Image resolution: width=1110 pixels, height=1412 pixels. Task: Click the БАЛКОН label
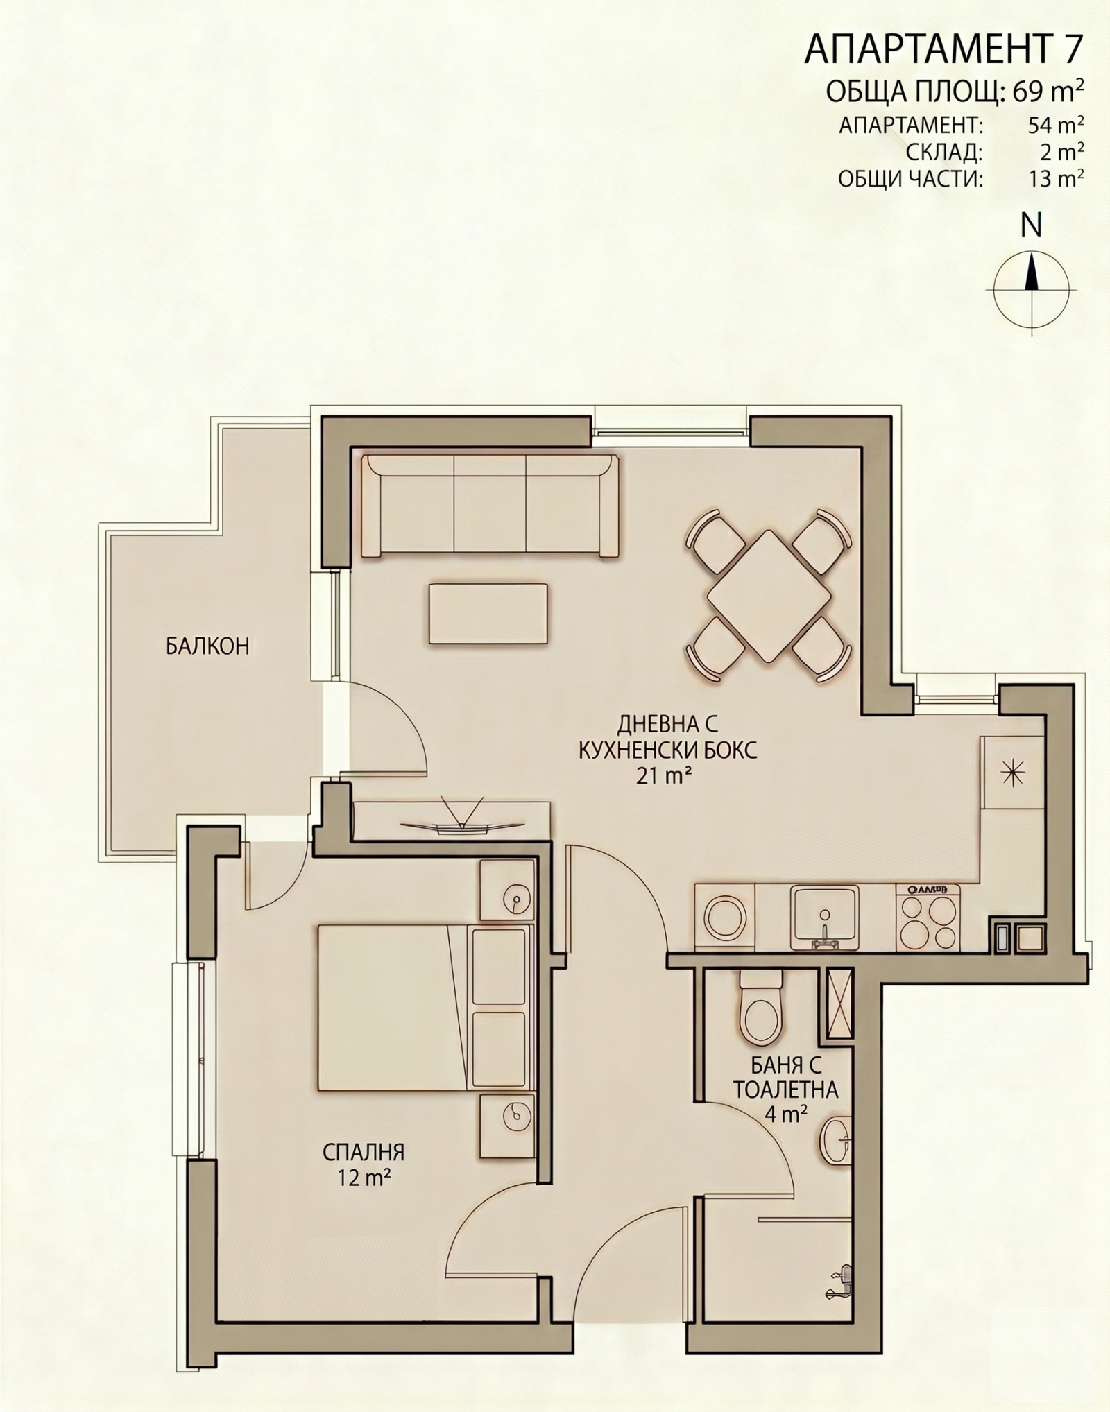[x=207, y=646]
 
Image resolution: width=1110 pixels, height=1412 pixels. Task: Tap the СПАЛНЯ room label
[x=363, y=1152]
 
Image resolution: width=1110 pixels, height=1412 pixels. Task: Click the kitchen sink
[x=825, y=917]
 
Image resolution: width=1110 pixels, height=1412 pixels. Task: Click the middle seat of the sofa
[x=490, y=503]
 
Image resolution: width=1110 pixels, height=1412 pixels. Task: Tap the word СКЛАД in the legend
[x=944, y=151]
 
